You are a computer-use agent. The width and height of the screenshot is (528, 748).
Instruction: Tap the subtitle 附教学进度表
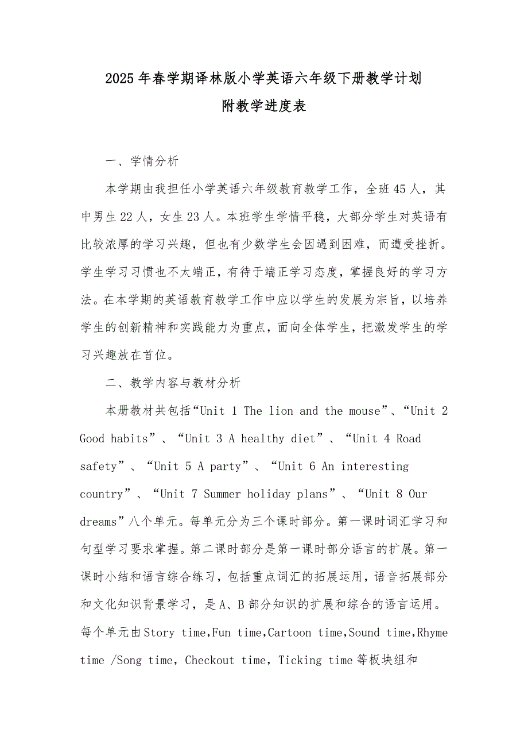264,106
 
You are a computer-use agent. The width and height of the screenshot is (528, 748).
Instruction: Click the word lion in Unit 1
281,411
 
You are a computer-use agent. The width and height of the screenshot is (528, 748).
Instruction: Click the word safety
99,466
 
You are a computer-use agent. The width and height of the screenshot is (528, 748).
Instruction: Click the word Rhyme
432,633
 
